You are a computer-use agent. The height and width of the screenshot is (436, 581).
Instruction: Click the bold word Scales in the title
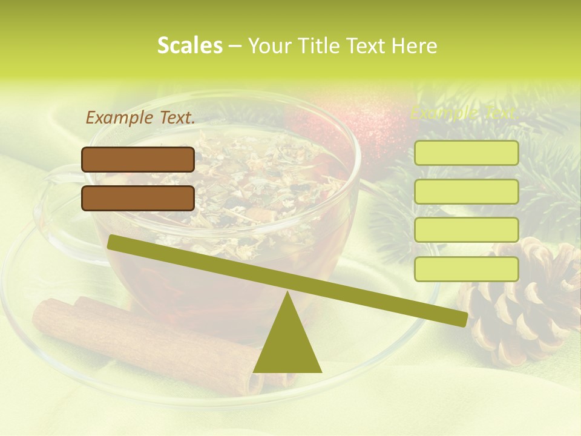pos(189,45)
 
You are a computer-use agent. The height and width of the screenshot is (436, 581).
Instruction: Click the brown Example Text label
pos(140,118)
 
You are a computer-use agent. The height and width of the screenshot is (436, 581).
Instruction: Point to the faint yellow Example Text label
pos(464,113)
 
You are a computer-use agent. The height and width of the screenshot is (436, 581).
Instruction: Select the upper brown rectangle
pos(138,159)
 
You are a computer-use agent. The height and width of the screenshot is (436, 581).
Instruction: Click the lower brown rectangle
pos(138,198)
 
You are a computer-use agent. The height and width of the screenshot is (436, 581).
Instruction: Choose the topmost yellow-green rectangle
pos(466,153)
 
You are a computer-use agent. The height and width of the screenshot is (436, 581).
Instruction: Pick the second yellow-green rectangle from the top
pos(466,191)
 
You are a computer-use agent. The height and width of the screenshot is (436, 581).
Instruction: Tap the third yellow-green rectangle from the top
pos(466,230)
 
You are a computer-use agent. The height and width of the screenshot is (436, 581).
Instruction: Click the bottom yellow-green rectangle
pos(466,269)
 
